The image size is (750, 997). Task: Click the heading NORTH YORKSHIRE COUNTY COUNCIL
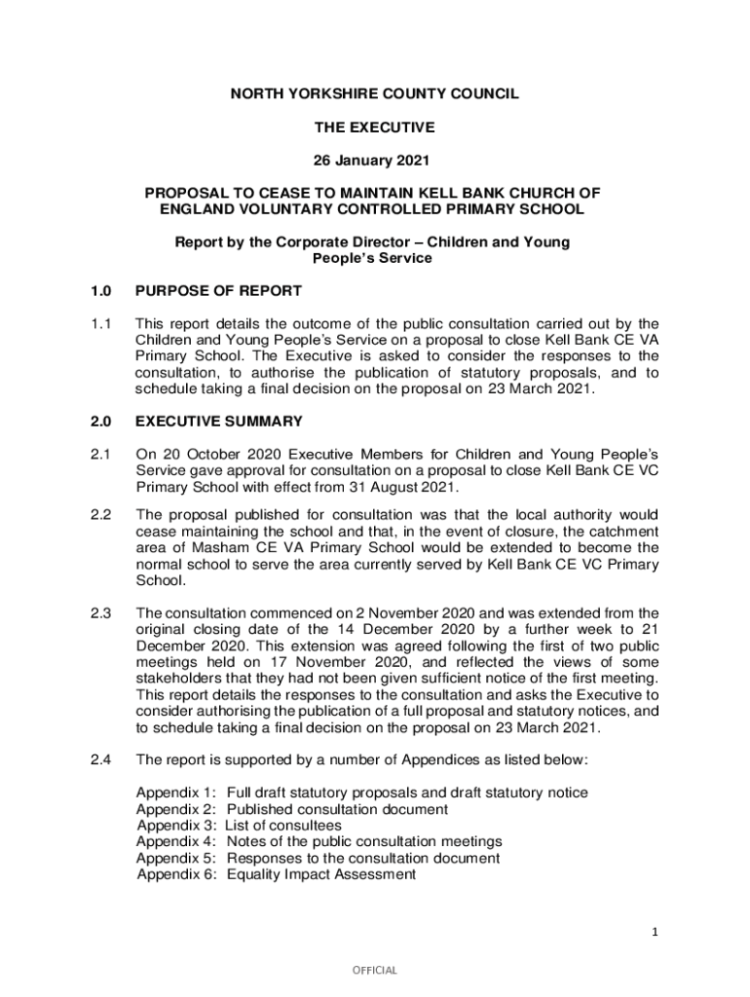point(374,94)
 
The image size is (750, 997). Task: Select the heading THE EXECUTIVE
point(374,127)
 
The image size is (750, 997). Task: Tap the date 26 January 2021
point(374,159)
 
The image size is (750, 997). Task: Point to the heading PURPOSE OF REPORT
point(219,290)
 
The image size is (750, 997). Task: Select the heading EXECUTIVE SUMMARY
point(219,422)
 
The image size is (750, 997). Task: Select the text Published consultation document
point(337,809)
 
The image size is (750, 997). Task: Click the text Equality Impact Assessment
point(321,874)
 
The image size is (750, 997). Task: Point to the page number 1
point(656,933)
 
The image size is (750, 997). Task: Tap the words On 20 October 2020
point(199,455)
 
